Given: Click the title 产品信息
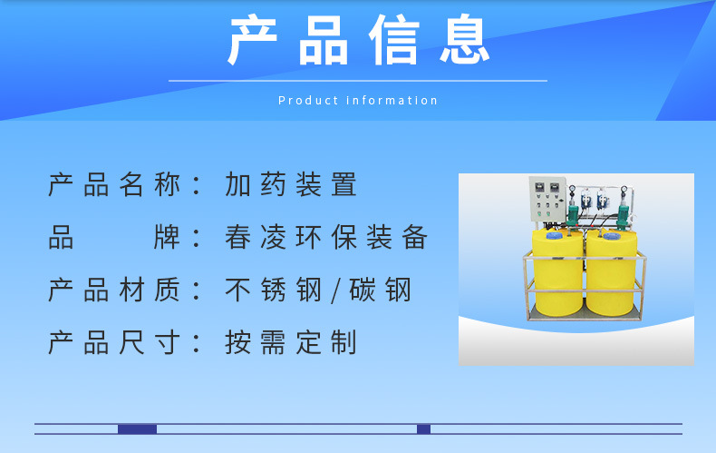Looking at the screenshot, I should point(358,41).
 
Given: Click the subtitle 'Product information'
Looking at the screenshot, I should point(358,101).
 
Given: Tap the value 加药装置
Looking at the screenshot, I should point(292,185).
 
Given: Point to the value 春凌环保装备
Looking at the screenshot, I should point(326,238).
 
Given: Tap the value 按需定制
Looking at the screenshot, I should point(292,343).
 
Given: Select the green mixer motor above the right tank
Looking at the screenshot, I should point(623,216).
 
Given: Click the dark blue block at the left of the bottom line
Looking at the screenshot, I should point(137,429).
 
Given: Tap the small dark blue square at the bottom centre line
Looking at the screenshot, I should point(423,429).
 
